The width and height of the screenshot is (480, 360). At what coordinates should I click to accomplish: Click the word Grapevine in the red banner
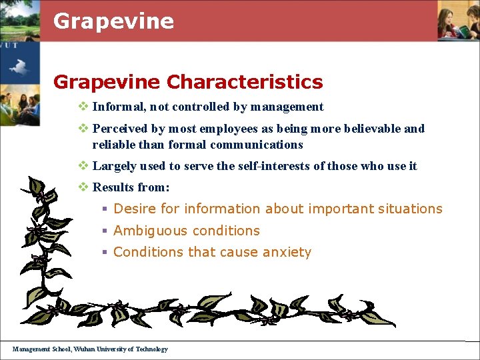[x=113, y=21]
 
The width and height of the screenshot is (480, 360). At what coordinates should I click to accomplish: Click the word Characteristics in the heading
[x=245, y=82]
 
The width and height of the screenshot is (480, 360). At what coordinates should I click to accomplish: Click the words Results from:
[x=131, y=187]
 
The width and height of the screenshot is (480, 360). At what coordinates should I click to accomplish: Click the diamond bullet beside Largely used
[x=83, y=166]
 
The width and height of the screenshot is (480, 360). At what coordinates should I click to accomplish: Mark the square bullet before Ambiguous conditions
[x=104, y=231]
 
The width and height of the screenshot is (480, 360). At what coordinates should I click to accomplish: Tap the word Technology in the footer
[x=152, y=349]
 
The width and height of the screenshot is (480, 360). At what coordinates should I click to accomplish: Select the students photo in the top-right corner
[x=459, y=20]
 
